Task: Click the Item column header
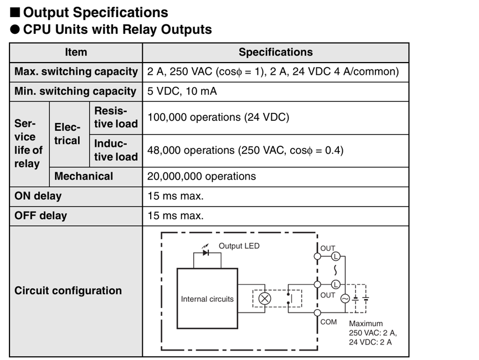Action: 76,52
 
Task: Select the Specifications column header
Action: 276,52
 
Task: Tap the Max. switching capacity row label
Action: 76,72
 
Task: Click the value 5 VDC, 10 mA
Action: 182,91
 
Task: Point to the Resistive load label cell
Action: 116,117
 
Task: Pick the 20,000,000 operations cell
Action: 202,176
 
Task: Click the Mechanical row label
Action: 84,176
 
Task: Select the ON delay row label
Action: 38,196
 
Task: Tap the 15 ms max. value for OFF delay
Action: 176,216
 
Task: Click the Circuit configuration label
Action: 68,291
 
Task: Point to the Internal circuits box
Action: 207,299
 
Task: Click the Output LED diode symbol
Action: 206,253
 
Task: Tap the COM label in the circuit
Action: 328,322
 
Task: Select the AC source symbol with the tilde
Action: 345,299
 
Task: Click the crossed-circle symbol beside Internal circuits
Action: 265,299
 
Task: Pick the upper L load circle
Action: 336,256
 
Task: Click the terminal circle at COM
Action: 317,312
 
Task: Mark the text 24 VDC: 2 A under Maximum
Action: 370,342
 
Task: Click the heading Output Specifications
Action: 96,13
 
